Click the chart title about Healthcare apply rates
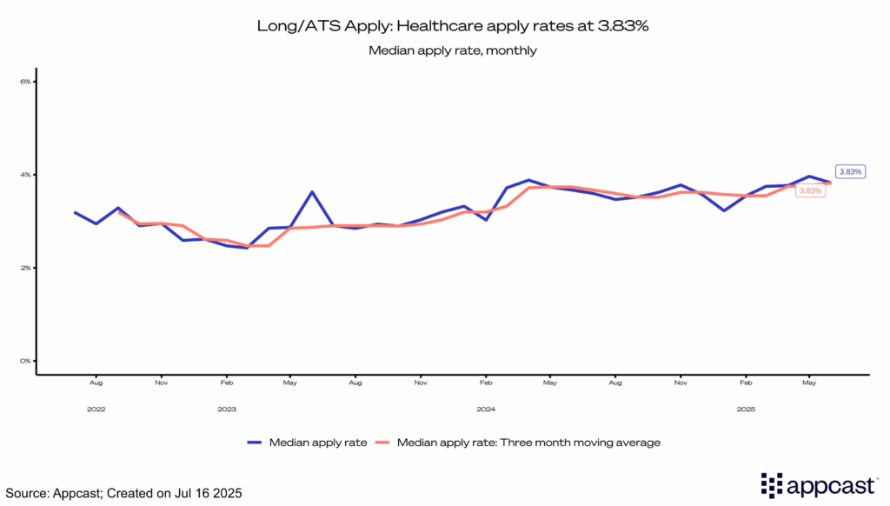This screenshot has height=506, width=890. pos(453,25)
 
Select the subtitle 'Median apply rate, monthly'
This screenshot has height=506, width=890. pos(453,50)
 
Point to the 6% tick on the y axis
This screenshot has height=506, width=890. pos(25,82)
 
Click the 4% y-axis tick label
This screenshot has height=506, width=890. pos(25,175)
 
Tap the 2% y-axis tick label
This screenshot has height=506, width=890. pos(25,268)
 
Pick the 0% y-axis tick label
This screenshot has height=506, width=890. pos(25,361)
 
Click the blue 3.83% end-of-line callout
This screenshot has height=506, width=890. pos(849,171)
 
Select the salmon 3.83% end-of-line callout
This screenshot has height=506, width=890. pos(810,190)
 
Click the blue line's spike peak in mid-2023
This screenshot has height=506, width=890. pos(312,192)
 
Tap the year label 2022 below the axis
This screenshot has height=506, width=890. pos(96,408)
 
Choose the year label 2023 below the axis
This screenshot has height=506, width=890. pos(226,408)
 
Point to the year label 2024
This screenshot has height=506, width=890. pos(486,408)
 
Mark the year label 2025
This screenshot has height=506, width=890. pos(746,408)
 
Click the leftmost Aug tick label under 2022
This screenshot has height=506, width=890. pos(96,383)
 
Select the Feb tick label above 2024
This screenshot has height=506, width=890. pos(486,383)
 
